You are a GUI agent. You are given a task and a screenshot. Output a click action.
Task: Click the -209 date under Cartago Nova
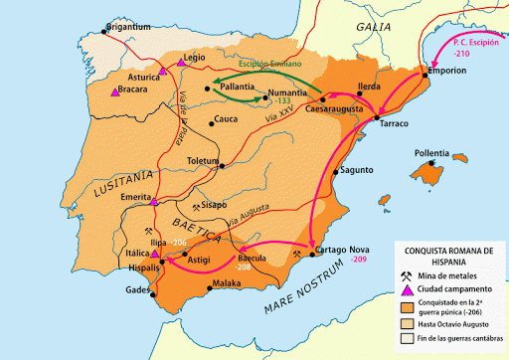359,260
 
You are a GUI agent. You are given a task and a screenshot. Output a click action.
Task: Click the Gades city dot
153,294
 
